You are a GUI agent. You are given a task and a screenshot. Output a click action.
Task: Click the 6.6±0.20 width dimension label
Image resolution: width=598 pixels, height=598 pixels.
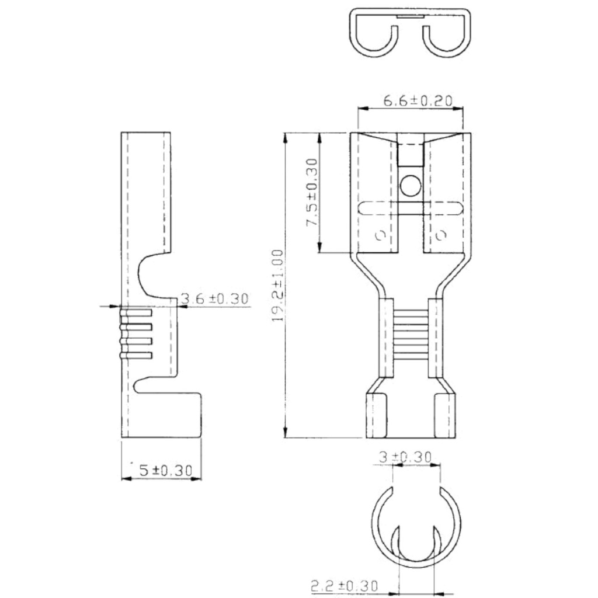point(418,100)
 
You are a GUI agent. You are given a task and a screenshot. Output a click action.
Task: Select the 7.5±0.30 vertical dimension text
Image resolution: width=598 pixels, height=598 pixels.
point(312,193)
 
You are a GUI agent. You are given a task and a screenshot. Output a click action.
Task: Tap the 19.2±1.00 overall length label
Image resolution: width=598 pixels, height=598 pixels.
point(279,286)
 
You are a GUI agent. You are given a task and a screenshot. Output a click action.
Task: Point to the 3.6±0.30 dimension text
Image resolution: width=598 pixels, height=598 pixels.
point(214,299)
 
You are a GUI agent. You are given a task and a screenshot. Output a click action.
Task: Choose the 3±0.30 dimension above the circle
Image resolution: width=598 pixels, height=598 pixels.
point(405,457)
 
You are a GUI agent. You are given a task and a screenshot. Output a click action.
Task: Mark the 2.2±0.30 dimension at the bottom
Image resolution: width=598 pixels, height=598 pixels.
point(344,585)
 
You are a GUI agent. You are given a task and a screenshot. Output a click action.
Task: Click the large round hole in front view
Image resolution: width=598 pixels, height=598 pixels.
point(410,186)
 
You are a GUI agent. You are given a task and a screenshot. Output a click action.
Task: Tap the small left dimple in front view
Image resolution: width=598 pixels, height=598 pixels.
point(380,235)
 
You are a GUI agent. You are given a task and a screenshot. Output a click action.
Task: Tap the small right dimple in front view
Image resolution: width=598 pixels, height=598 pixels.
point(441,235)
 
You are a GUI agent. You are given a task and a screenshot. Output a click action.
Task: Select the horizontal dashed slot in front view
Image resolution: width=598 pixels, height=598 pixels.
point(410,208)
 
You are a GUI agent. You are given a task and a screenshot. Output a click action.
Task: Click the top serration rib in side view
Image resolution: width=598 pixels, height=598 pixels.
point(136,314)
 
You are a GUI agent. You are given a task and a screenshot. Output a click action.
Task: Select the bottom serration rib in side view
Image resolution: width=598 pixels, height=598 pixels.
point(136,355)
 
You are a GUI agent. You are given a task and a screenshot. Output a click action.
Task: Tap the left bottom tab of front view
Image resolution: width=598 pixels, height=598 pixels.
point(377,416)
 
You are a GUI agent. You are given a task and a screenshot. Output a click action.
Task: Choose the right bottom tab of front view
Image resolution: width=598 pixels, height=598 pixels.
point(444,416)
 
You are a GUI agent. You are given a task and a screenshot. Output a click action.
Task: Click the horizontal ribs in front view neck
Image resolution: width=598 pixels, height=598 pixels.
point(411,333)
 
